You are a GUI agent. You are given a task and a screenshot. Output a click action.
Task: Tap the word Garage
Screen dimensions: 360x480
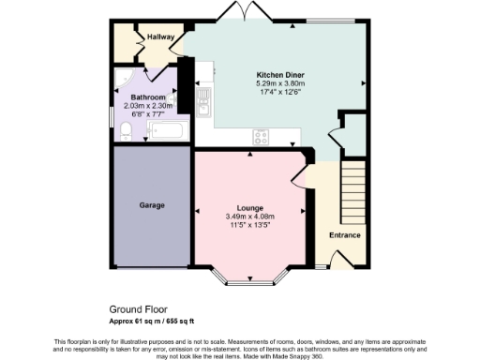pos(153,204)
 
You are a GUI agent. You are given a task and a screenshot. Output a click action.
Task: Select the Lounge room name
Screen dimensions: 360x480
pos(250,206)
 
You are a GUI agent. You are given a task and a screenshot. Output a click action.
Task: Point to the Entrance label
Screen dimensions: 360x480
pos(345,234)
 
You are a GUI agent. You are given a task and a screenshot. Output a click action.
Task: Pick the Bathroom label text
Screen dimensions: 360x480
pos(148,97)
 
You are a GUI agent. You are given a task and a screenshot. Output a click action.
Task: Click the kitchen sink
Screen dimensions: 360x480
pos(202,109)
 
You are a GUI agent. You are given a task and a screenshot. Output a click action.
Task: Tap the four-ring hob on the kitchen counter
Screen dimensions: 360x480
pos(262,137)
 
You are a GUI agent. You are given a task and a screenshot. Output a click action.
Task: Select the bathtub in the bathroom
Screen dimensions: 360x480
pos(170,129)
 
